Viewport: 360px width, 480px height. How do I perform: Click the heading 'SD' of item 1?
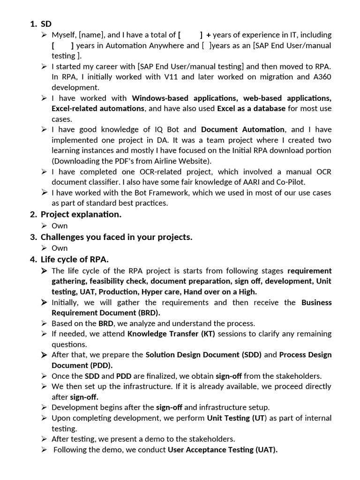click(x=46, y=24)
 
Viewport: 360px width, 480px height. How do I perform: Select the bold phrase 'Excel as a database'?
click(x=251, y=108)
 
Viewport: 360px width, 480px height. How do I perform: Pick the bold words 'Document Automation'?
click(x=242, y=129)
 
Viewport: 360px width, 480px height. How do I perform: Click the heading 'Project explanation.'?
click(x=81, y=215)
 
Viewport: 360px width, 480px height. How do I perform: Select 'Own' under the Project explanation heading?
click(x=60, y=225)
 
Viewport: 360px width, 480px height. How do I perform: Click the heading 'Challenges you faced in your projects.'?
click(x=116, y=237)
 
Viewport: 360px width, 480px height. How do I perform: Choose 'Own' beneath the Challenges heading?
click(x=60, y=248)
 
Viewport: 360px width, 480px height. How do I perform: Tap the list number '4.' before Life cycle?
click(x=33, y=259)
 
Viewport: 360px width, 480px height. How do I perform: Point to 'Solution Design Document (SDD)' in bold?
click(x=203, y=355)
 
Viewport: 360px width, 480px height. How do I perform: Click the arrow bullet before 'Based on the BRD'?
click(x=44, y=323)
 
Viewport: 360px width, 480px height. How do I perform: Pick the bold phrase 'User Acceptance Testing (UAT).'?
click(x=223, y=450)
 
